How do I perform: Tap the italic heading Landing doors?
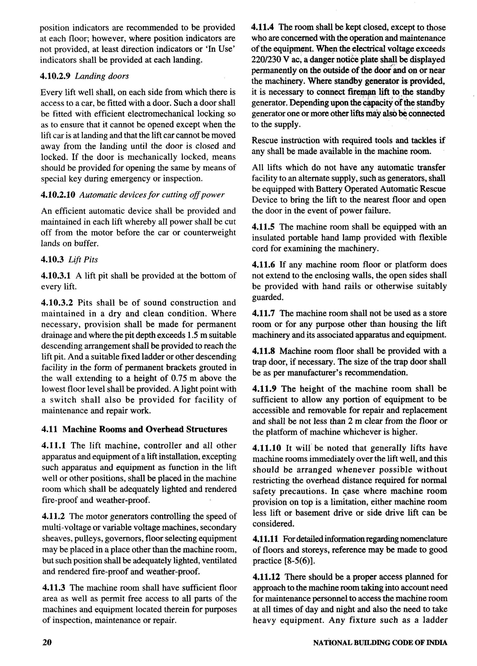102,76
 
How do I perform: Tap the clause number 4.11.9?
264,389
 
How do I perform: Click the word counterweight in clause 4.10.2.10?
209,233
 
